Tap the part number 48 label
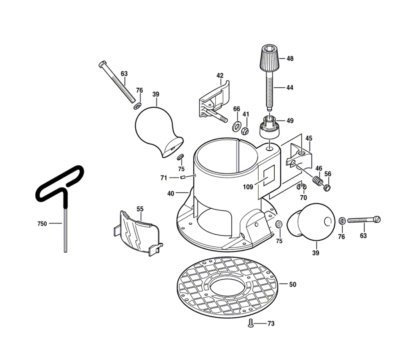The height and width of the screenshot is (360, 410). pos(290,59)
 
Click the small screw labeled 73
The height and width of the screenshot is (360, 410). pos(251,324)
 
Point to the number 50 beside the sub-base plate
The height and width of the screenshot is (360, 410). pos(292,284)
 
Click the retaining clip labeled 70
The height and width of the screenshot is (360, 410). pos(301,187)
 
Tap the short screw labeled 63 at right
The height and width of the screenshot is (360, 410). pos(364,220)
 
